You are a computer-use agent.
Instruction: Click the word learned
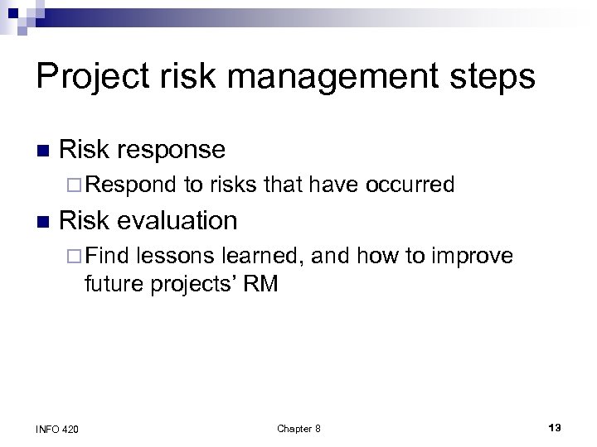point(261,256)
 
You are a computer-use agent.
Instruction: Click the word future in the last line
point(113,285)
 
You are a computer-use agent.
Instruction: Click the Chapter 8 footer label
point(298,428)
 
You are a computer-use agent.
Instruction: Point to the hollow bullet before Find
point(90,257)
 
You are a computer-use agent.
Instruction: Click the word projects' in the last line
point(196,285)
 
